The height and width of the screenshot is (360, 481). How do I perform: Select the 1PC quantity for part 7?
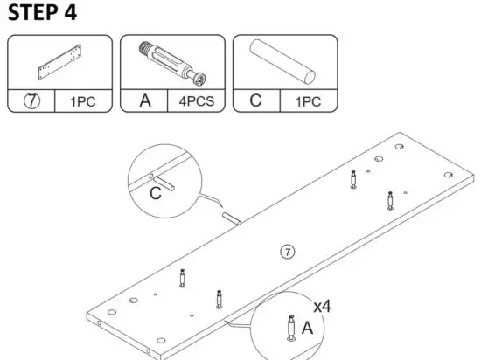pos(83,101)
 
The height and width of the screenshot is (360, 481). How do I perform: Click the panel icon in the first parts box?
pos(59,62)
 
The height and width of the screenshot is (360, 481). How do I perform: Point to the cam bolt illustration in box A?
pos(171,62)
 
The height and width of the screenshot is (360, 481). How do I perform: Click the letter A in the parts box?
pos(145,100)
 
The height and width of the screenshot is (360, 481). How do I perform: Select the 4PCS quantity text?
pos(196,101)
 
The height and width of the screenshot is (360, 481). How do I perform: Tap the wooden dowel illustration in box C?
pos(285,61)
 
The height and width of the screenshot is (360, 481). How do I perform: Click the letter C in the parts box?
pos(255,100)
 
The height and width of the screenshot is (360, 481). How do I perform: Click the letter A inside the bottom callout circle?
pos(306,328)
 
